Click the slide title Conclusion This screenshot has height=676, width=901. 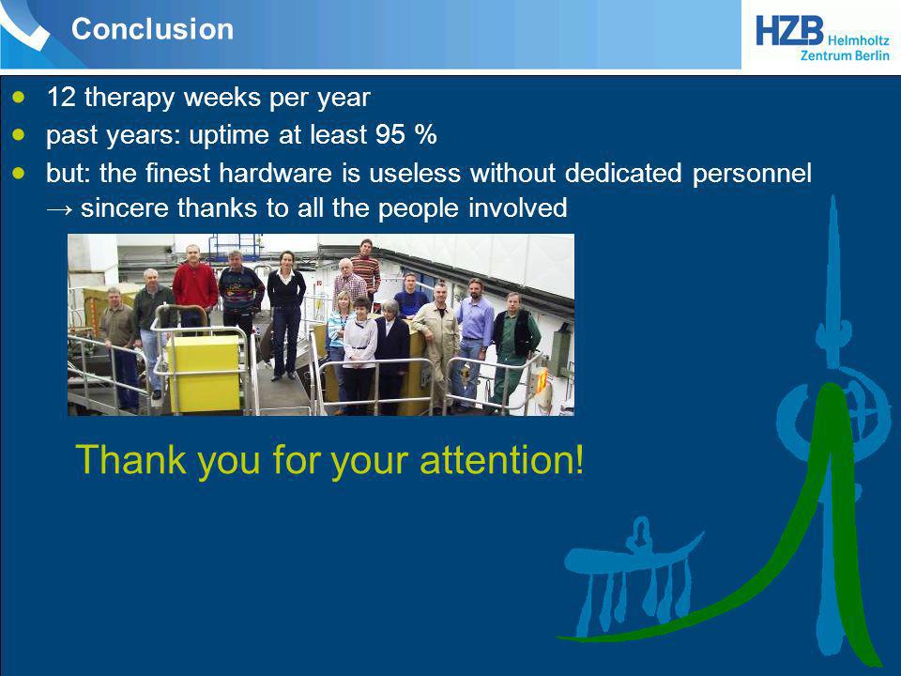152,29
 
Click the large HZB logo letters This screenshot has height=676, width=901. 789,30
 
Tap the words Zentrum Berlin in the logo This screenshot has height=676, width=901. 845,55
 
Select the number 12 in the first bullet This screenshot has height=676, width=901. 61,97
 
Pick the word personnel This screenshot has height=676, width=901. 752,174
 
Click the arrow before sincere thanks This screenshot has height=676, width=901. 60,209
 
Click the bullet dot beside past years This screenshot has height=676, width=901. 20,134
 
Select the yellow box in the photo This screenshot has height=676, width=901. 204,373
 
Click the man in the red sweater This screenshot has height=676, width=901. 195,286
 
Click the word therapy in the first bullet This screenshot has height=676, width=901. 130,98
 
